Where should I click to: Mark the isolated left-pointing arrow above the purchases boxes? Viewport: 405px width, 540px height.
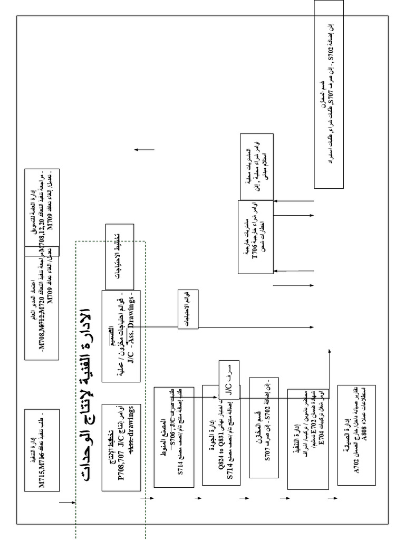[144, 150]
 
